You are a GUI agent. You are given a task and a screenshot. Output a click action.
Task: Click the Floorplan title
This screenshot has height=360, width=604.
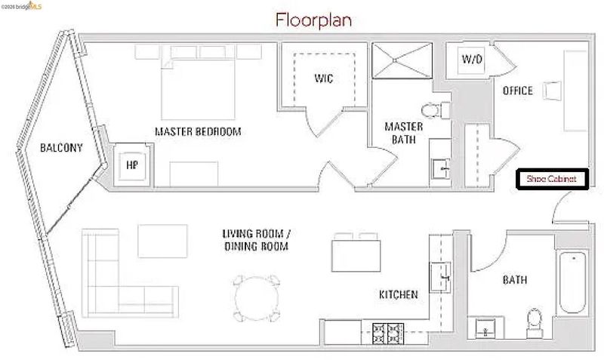[313, 20]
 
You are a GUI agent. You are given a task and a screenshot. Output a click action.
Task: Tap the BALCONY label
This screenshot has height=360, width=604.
[61, 148]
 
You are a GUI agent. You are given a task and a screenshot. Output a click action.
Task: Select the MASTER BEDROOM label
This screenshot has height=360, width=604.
[198, 131]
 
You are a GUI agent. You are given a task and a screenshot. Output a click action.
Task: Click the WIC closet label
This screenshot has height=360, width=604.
[324, 78]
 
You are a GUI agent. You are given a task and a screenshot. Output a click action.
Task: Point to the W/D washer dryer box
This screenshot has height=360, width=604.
[472, 60]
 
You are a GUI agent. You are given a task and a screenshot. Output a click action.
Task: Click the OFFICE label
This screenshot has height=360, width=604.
[518, 91]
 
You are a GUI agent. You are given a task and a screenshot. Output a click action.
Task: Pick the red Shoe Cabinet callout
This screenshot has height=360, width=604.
[552, 179]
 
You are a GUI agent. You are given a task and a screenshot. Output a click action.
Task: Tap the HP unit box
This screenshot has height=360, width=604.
[132, 165]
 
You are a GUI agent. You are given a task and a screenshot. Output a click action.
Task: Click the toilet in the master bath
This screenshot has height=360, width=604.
[436, 110]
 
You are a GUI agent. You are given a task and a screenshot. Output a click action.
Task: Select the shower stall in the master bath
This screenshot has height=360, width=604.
[402, 60]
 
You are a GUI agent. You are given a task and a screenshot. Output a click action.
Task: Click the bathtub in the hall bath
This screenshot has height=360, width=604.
[573, 282]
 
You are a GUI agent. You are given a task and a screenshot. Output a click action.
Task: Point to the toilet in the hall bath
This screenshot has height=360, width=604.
[535, 323]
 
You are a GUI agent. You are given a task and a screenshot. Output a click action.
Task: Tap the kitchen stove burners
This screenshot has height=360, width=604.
[388, 333]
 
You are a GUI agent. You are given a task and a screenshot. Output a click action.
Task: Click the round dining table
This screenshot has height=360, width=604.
[257, 298]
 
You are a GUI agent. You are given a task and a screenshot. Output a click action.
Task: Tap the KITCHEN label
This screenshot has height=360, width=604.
[399, 295]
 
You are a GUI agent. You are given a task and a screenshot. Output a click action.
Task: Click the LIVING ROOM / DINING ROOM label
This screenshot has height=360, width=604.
[257, 240]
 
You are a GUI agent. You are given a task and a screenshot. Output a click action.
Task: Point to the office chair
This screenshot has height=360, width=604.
[553, 91]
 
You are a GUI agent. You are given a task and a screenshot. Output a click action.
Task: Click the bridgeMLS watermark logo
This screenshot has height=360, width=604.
[22, 6]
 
